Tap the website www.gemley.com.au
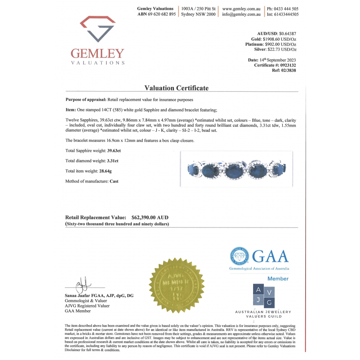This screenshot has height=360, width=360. pos(241,9)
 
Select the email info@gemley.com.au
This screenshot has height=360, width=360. pos(241,14)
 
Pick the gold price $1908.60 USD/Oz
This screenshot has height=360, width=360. pos(279,39)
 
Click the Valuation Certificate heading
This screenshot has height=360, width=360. pos(176,88)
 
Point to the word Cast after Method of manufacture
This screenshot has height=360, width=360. pos(114,181)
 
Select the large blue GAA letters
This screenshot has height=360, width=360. pos(270,256)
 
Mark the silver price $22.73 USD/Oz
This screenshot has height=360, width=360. pos(282,49)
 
